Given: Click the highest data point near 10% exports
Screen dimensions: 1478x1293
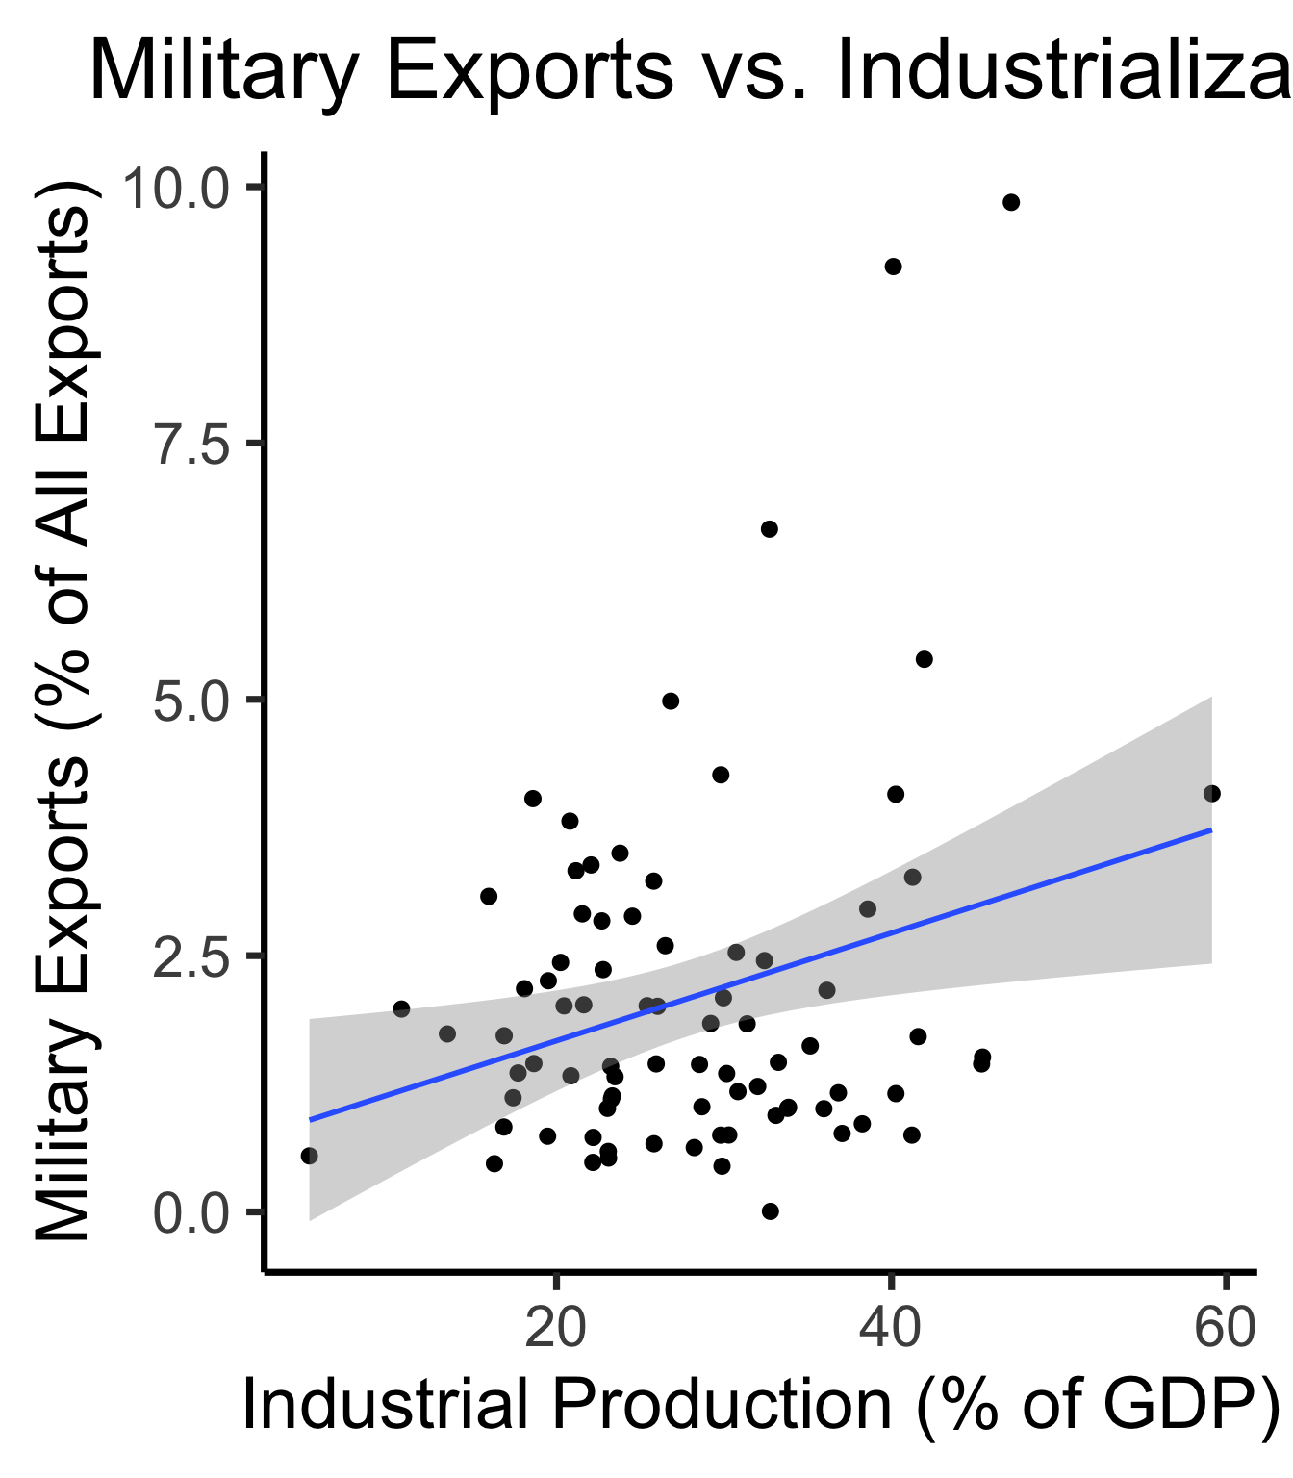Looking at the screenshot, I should pos(1010,202).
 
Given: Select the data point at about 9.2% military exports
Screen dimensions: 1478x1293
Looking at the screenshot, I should pos(893,267).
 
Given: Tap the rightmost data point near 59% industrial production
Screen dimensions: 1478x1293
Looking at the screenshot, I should pos(1212,793).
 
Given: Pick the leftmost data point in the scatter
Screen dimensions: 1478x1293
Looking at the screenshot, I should pos(309,1156).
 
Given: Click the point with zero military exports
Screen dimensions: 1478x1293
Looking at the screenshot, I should pos(770,1211).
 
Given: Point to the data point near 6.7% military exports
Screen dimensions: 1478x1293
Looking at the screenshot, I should pos(769,529).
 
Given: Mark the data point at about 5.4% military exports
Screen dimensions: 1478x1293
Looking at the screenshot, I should pos(925,659).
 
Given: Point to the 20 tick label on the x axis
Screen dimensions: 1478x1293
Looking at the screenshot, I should pos(556,1329).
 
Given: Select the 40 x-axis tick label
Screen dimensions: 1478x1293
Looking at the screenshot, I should pos(891,1329).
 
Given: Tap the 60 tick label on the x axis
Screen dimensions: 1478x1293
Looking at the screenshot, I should pos(1225,1329).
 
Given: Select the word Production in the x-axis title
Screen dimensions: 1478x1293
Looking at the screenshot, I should pos(722,1406).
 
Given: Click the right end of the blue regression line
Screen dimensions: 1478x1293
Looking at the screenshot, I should pos(1210,829).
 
